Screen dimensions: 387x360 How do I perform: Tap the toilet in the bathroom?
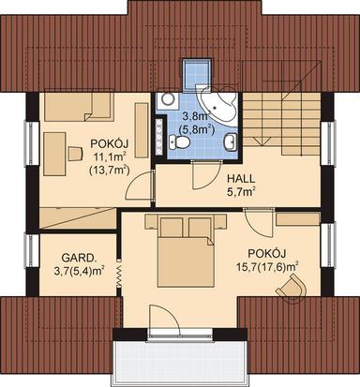183,141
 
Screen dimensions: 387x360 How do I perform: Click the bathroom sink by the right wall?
230,141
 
